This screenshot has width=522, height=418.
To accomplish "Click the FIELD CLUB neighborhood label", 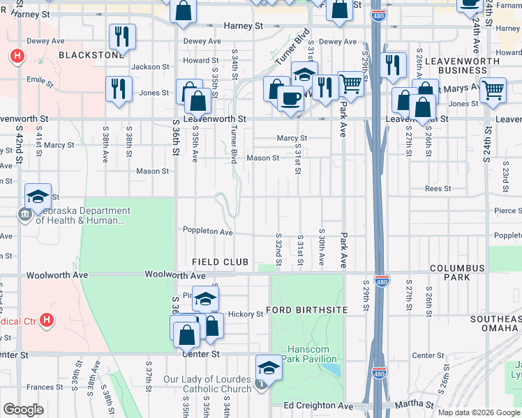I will click(221, 262).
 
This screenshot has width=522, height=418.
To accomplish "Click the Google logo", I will click(23, 410).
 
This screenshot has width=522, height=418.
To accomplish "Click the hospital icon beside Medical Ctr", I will click(46, 320).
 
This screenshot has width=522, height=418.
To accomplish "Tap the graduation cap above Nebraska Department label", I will click(38, 196).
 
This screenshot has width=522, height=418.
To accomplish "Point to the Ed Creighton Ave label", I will click(318, 405).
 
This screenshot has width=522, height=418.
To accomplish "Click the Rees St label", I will click(438, 189).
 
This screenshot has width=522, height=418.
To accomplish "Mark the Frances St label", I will click(45, 387).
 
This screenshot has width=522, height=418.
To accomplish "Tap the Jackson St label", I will click(150, 67).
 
